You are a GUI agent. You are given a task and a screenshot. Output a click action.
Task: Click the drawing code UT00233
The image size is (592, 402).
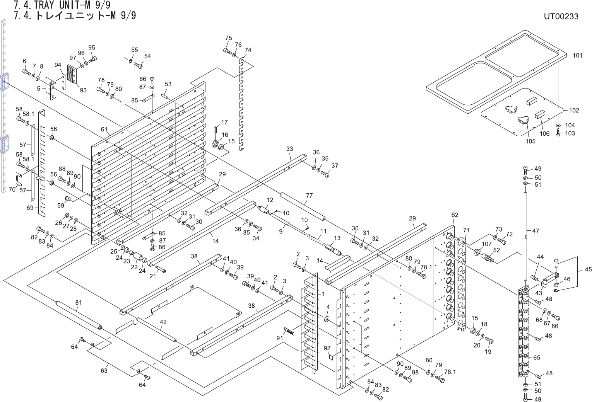pos(561,16)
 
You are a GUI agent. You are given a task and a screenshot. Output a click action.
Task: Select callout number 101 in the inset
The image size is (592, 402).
pos(577,55)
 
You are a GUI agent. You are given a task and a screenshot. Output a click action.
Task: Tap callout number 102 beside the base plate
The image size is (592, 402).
pos(574,110)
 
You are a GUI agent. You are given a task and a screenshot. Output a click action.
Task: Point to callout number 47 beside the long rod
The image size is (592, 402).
pos(536,231)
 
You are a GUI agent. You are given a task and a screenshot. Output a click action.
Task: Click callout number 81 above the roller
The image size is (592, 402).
pos(78,303)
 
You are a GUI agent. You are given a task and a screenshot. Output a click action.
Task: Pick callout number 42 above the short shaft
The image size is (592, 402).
pos(163,322)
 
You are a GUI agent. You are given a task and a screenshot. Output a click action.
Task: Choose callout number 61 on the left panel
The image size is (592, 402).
pos(104,129)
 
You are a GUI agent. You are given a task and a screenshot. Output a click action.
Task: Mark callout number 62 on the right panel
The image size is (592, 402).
pos(455,215)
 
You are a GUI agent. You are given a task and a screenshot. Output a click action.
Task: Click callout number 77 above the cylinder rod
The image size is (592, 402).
pos(309,196)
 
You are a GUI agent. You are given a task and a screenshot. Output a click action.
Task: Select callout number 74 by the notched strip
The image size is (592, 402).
pos(248,50)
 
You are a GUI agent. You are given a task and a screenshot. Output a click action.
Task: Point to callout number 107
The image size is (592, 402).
pos(487,244)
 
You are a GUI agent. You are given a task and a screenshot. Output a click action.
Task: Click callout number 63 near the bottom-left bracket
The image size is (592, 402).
pos(104,370)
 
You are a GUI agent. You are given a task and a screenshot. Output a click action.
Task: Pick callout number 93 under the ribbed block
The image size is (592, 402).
pos(83,90)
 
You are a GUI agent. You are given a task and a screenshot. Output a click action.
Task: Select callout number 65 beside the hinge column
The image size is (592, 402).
pos(537,358)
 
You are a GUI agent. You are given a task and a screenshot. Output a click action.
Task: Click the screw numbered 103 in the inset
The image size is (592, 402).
pos(558,134)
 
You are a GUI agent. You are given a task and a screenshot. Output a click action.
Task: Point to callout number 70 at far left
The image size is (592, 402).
pos(12,190)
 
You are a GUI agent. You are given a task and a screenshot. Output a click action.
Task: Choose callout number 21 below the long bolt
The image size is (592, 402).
pos(152,276)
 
